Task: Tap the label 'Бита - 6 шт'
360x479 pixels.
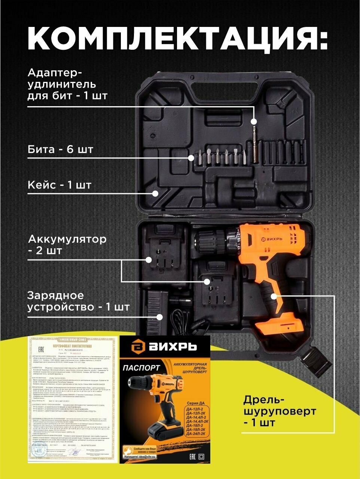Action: pyautogui.click(x=60, y=150)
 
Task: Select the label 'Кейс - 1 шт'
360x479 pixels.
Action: pyautogui.click(x=60, y=185)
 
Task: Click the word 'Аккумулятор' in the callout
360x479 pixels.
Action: pyautogui.click(x=67, y=239)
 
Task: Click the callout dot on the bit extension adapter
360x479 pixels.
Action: pyautogui.click(x=254, y=122)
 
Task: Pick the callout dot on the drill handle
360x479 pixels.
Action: pyautogui.click(x=274, y=296)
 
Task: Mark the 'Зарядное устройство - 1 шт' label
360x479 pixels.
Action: pyautogui.click(x=78, y=301)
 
